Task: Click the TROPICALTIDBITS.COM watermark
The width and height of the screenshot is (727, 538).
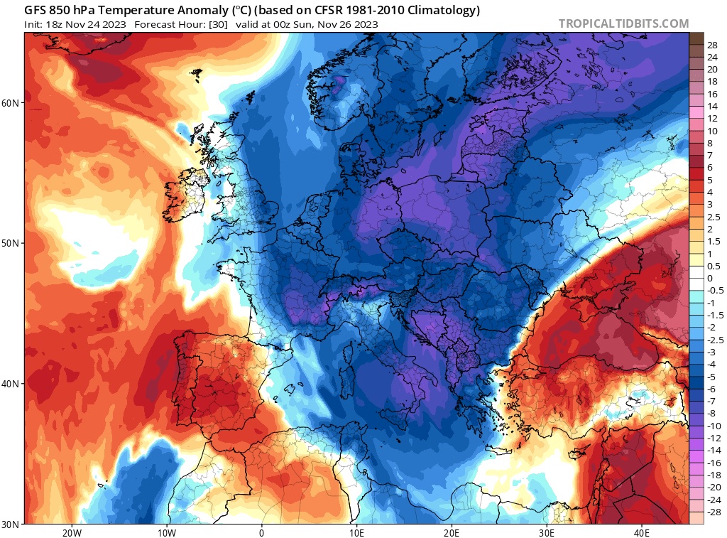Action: coord(623,23)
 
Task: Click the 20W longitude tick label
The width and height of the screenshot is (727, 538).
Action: coord(71,532)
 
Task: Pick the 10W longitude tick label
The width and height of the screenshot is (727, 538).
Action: coord(166,532)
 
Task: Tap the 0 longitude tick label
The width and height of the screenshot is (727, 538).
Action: coord(261,532)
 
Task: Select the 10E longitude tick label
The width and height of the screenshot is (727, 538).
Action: coord(356,532)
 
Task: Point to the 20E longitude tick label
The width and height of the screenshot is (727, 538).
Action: coord(452,532)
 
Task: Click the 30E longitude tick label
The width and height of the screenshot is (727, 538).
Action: coord(547,532)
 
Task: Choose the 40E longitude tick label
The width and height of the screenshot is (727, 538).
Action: coord(642,532)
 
